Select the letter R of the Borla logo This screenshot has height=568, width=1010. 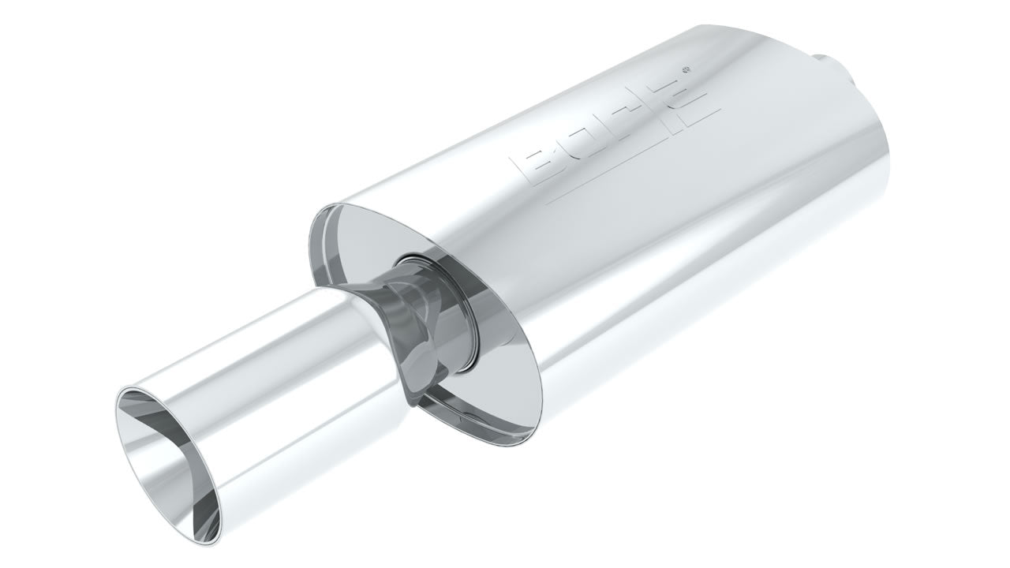(x=623, y=125)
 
